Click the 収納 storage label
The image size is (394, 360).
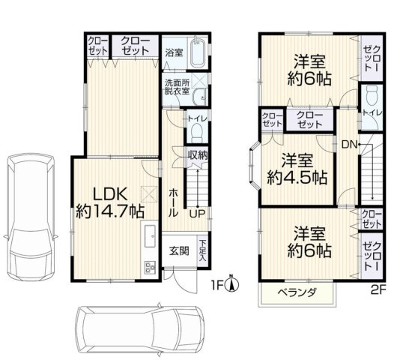coord(198,154)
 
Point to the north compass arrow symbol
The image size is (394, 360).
coord(233,283)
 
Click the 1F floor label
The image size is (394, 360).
coord(216,285)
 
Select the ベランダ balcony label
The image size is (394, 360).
coord(288,292)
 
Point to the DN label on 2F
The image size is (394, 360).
coord(349,143)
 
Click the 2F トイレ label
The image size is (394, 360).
coord(371,112)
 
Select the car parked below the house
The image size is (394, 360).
coord(139,327)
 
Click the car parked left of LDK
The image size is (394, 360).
coord(28,217)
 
